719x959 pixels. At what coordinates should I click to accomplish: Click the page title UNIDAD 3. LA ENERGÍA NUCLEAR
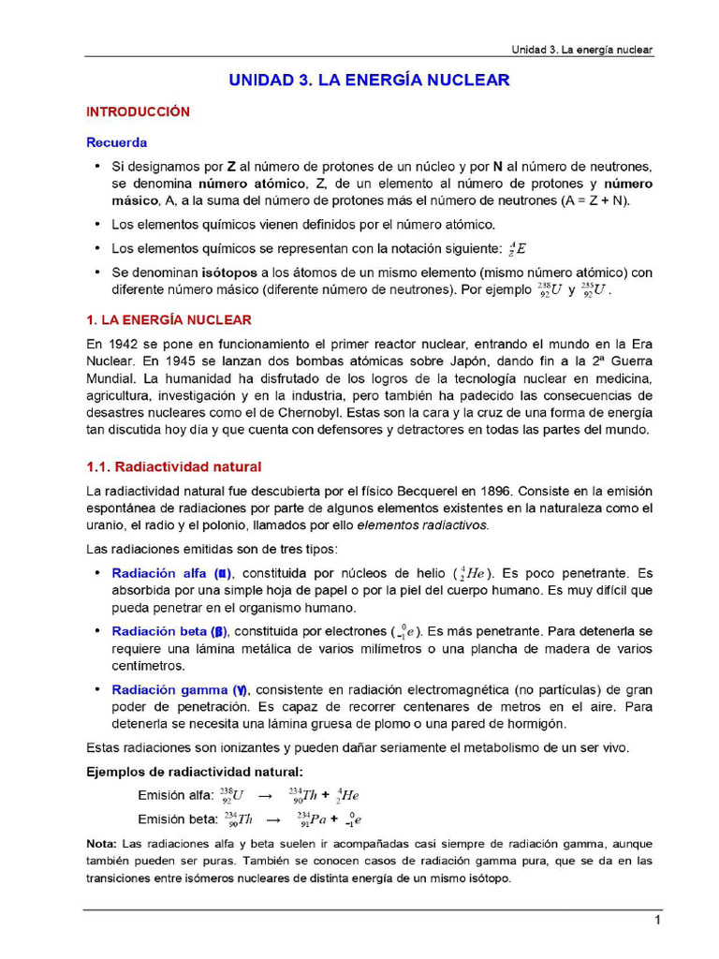coord(370,81)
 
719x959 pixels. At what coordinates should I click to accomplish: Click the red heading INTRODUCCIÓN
coord(138,111)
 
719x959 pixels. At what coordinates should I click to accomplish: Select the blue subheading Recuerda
coord(117,143)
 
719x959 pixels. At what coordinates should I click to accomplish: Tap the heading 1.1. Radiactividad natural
coord(173,466)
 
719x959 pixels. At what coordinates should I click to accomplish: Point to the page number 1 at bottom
coord(658,922)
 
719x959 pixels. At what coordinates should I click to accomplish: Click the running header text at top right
coord(581,49)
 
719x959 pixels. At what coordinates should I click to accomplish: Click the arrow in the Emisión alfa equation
coord(265,795)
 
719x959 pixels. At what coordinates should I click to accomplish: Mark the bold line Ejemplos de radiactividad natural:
coord(195,772)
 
